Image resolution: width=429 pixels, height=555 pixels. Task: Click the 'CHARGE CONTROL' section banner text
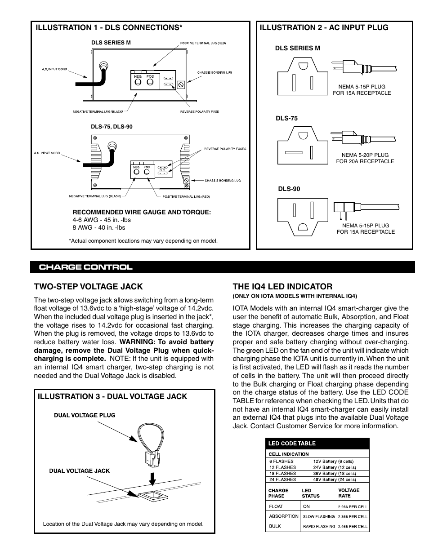85,267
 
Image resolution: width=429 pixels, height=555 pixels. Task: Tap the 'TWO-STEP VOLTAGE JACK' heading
88,286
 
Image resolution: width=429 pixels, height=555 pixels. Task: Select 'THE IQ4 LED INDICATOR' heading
282,286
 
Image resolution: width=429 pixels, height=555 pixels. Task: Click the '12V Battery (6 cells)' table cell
333,461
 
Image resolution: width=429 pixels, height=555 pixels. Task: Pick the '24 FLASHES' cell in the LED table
282,480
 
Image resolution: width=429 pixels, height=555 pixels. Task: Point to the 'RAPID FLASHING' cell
319,526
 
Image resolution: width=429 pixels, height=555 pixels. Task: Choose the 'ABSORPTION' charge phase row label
284,516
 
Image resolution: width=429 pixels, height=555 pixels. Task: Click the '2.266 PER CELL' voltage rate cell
353,506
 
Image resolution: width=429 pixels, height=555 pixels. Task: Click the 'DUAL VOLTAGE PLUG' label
85,415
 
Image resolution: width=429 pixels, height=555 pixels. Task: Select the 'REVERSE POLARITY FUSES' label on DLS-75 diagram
225,149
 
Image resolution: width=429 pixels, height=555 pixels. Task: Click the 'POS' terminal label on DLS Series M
150,76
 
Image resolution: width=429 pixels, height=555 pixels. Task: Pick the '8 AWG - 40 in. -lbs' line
98,227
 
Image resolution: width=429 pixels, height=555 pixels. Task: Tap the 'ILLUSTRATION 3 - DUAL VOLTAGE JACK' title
112,396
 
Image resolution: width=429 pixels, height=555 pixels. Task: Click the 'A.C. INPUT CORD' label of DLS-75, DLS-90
46,153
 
